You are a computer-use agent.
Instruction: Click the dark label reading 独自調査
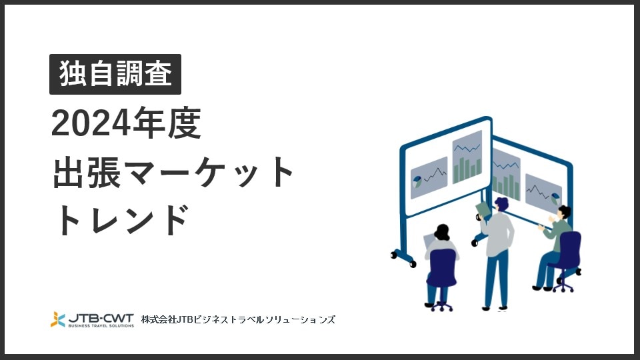[115, 74]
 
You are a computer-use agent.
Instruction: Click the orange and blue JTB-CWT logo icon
[58, 319]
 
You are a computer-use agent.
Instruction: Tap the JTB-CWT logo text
[101, 317]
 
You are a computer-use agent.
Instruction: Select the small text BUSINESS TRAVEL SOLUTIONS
[101, 325]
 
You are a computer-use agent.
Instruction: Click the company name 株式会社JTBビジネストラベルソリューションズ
[238, 320]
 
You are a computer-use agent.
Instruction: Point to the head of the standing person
[501, 203]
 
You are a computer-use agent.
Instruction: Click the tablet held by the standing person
[483, 209]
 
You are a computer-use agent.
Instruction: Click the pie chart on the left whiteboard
[417, 179]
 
